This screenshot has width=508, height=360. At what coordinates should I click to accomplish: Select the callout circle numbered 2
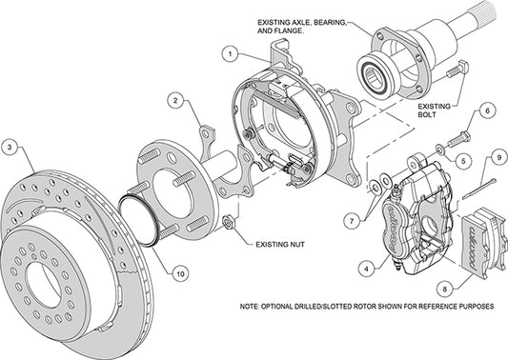pos(176,99)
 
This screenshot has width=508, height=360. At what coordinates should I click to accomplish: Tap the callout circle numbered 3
pos(10,147)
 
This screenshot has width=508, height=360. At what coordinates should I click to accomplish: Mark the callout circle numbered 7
pos(352,222)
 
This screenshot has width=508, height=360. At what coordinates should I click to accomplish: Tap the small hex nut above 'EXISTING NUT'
pos(228,224)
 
